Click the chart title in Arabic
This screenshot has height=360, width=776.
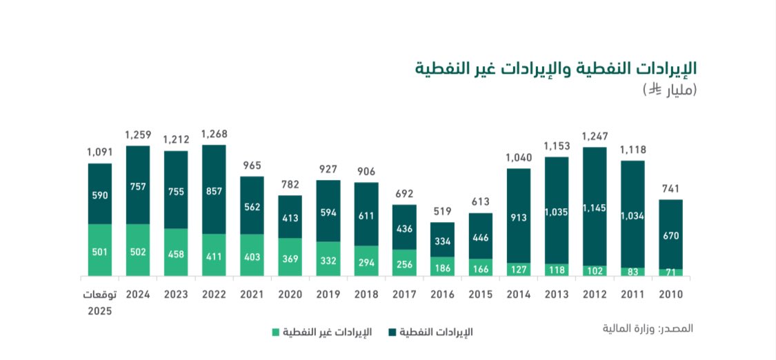555,68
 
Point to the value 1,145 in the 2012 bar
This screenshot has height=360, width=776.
595,208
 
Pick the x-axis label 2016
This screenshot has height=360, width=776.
442,294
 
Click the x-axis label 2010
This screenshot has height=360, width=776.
670,294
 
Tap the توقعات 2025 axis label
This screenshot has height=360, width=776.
100,301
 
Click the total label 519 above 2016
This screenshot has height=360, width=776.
442,211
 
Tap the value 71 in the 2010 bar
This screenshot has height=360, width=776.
670,272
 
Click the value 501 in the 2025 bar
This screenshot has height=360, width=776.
100,251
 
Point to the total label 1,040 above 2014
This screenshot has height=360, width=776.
519,157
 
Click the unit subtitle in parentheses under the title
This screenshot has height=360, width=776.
670,90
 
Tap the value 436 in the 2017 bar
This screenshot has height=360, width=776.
404,228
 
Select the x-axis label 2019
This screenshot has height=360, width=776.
328,294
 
